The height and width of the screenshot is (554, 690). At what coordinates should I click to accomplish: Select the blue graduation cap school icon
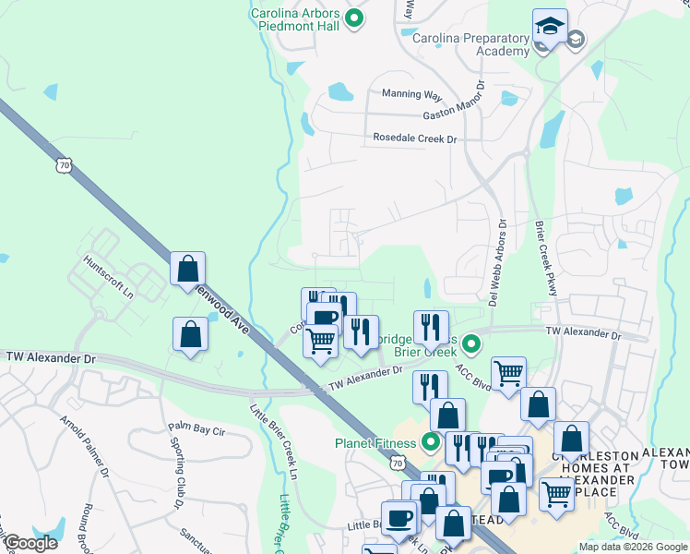[x=550, y=28]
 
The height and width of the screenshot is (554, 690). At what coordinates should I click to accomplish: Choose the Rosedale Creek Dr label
[x=414, y=138]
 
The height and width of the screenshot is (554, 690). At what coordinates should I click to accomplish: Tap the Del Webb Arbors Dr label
[x=498, y=262]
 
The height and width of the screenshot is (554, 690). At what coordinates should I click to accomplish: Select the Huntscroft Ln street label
[x=109, y=276]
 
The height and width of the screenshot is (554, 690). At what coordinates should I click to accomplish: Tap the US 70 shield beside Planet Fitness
[x=397, y=459]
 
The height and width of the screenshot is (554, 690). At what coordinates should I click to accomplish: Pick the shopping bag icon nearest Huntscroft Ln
[x=188, y=270]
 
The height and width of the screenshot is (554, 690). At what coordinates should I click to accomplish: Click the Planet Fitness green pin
[x=430, y=441]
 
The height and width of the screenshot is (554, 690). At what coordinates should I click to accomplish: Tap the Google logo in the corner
[x=30, y=543]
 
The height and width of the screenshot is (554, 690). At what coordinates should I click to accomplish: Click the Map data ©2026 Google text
[x=632, y=547]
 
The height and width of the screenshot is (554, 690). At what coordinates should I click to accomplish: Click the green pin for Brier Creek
[x=471, y=345]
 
